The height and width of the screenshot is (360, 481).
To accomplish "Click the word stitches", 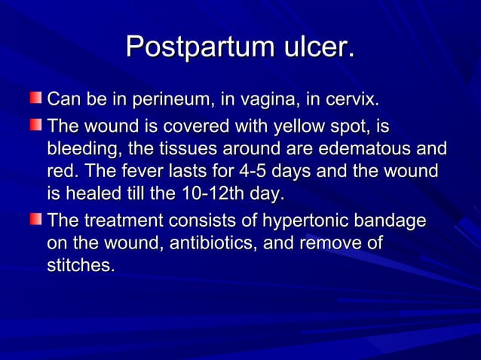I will click(81, 267).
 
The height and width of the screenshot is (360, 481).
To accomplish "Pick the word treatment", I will click(116, 221).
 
